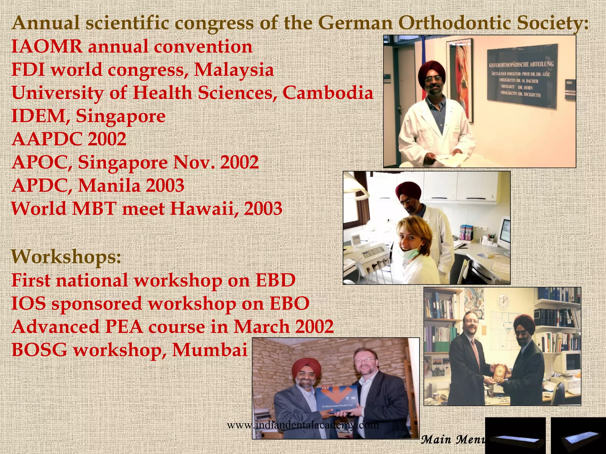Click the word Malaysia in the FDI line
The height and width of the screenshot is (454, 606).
[234, 70]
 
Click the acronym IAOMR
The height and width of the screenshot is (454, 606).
[47, 47]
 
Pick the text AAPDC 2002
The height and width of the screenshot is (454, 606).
[69, 139]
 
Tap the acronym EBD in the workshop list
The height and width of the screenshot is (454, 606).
[275, 280]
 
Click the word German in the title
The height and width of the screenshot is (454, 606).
[355, 23]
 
